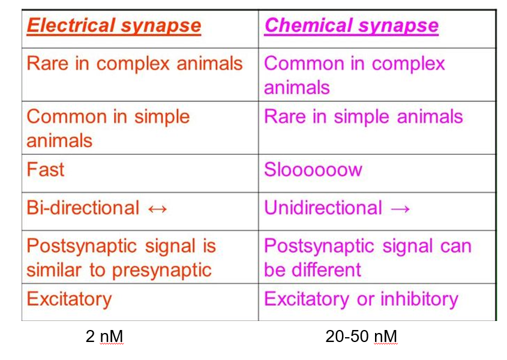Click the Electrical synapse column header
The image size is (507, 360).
click(x=114, y=26)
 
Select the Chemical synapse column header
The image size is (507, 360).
click(x=351, y=26)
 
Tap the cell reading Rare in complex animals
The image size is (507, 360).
click(x=134, y=64)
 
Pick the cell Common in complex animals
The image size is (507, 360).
click(x=354, y=75)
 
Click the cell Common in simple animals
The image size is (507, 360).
click(x=108, y=128)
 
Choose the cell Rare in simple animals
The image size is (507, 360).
click(x=363, y=116)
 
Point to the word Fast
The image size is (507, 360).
click(x=45, y=169)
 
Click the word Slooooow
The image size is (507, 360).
click(x=313, y=170)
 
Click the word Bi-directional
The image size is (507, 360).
click(x=83, y=208)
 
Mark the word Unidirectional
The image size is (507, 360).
click(x=323, y=208)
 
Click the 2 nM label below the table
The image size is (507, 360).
click(x=104, y=337)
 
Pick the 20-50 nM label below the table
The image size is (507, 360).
click(x=361, y=337)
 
